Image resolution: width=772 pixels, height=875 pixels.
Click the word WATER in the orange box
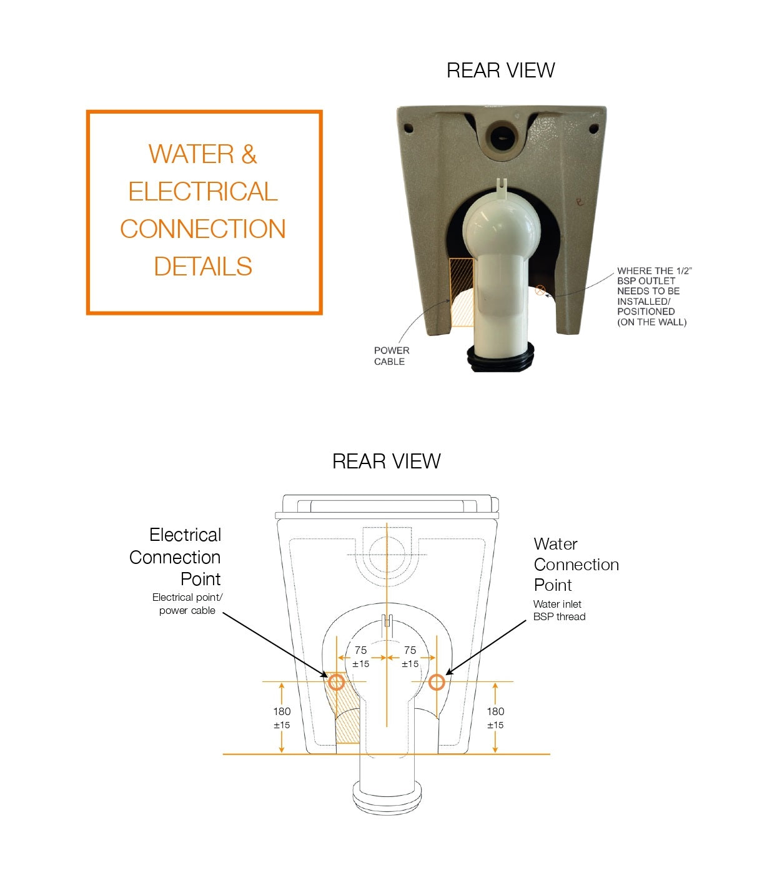tap(191, 154)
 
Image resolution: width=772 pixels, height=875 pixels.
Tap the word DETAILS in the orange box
tap(203, 266)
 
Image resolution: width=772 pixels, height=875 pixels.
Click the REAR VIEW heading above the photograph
tap(500, 71)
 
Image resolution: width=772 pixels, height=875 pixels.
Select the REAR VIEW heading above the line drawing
tap(386, 462)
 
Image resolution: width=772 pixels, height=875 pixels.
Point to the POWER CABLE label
tap(392, 356)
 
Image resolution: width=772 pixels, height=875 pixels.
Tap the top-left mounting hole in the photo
tap(408, 128)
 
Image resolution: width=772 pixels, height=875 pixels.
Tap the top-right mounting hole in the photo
tap(594, 128)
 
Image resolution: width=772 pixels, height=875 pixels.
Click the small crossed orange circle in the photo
tap(540, 290)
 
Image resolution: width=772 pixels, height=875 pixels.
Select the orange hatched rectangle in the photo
tap(462, 292)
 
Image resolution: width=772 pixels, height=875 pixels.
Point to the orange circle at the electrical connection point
tap(337, 683)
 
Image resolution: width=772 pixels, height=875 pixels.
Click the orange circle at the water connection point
tap(437, 683)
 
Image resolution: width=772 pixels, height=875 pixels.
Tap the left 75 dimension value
tap(361, 650)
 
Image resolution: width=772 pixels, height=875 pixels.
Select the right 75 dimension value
tap(410, 650)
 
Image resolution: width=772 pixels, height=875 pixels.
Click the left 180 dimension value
tap(282, 711)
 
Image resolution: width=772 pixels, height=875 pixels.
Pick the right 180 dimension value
tap(495, 711)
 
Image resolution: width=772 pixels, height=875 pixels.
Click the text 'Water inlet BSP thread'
tap(559, 610)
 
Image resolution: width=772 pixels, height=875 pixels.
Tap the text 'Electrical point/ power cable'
tap(187, 604)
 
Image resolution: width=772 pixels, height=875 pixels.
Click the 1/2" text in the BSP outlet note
tap(684, 271)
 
